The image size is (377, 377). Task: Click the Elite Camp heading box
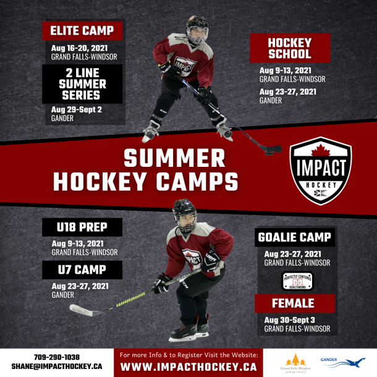point(82,31)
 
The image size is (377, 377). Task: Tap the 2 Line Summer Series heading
point(82,83)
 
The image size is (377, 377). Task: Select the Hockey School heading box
point(290,48)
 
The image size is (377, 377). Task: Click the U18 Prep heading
point(82,227)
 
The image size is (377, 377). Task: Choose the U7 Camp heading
point(82,270)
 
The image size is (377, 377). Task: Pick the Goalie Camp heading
point(295,237)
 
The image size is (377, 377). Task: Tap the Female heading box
point(295,303)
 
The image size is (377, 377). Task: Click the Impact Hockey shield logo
point(321,171)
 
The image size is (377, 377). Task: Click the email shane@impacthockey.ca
point(56,366)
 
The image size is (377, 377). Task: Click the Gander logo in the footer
point(342,362)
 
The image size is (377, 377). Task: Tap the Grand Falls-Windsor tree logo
point(295,362)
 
